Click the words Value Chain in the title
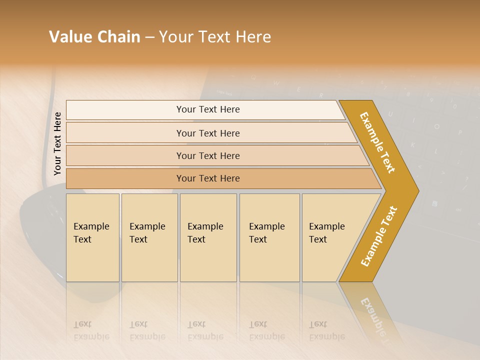94,37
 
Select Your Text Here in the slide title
215,37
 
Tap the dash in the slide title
149,37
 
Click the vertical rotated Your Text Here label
57,143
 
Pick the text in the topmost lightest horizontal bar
208,109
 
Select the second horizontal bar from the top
208,133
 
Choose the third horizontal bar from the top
208,155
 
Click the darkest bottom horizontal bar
208,178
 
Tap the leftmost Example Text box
92,237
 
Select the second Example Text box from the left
149,237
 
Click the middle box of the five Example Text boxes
208,237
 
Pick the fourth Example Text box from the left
269,237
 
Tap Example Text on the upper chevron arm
377,142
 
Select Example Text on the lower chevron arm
378,236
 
